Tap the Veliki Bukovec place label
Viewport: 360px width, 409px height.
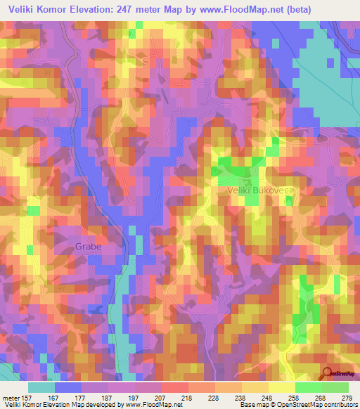pos(258,190)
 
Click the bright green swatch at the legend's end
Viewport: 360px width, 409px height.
pos(335,387)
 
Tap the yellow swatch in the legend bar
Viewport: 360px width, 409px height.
pos(282,387)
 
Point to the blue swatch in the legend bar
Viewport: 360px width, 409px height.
pos(68,387)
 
